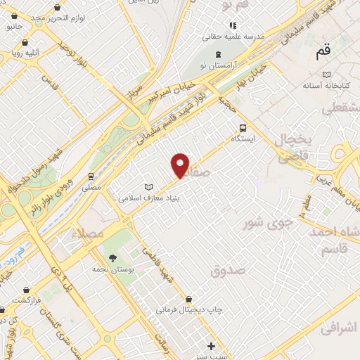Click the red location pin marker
[x=181, y=165]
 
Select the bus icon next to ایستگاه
[x=243, y=128]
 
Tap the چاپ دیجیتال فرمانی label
[x=184, y=309]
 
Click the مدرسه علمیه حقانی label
[x=233, y=35]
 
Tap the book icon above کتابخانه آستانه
[x=325, y=74]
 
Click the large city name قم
[x=323, y=51]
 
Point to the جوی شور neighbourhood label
[x=266, y=224]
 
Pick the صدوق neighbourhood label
[x=229, y=269]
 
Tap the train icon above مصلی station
[x=91, y=176]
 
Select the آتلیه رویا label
[x=25, y=52]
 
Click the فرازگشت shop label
[x=29, y=300]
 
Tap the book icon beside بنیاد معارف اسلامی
[x=148, y=187]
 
